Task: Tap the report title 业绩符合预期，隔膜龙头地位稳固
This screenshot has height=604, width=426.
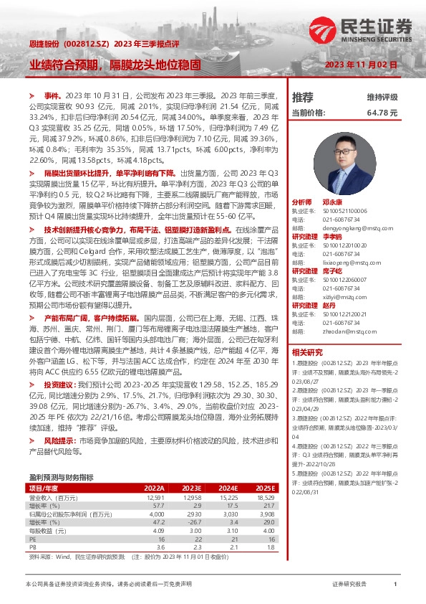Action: tap(114, 64)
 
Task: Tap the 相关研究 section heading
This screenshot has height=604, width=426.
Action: tap(308, 351)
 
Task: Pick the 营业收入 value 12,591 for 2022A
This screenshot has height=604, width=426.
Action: tap(155, 497)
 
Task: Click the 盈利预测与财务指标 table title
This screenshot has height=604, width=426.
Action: tap(61, 477)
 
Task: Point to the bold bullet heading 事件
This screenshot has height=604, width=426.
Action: tap(51, 95)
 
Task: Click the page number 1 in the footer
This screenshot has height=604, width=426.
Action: tap(395, 585)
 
